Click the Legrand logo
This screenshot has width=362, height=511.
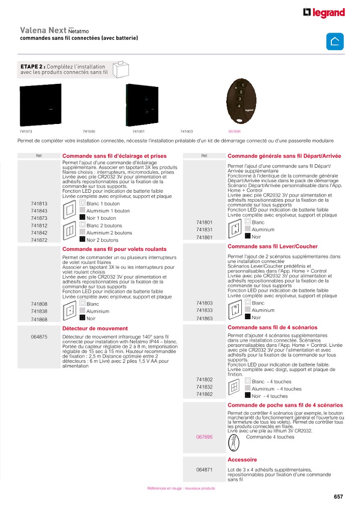[324, 13]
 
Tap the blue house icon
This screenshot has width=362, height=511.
[335, 42]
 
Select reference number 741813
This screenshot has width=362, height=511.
[39, 204]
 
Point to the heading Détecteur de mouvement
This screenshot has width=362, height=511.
[88, 328]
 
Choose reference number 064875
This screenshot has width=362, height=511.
[39, 337]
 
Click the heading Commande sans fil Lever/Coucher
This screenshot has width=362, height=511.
[273, 246]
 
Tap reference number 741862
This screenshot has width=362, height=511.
[205, 395]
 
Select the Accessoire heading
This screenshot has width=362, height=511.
[242, 460]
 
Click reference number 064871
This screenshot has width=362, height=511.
[205, 470]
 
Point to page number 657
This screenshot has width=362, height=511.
[338, 496]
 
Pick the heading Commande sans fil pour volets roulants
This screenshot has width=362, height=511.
[114, 249]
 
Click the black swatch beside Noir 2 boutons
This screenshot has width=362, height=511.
[82, 239]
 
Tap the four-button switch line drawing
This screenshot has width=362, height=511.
[233, 388]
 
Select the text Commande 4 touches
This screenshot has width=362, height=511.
[270, 437]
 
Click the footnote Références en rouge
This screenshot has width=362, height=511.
[181, 488]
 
